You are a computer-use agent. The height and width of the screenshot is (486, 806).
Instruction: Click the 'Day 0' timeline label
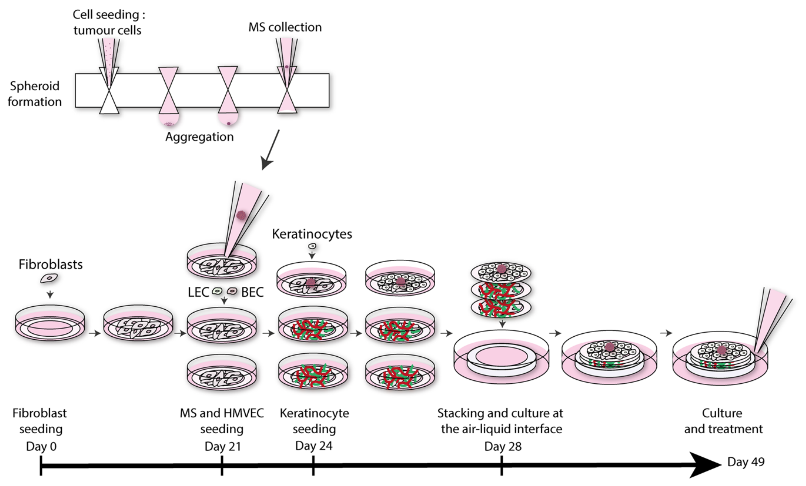pyautogui.click(x=41, y=446)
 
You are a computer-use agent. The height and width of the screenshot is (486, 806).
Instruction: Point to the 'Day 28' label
pyautogui.click(x=503, y=446)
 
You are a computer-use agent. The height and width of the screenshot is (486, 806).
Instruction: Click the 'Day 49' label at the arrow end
pyautogui.click(x=746, y=462)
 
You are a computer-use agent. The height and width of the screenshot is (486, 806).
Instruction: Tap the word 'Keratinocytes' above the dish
pyautogui.click(x=312, y=234)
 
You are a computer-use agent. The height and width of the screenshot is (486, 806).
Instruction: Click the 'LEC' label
pyautogui.click(x=198, y=292)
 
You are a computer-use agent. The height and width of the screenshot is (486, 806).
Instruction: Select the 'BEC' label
pyautogui.click(x=252, y=292)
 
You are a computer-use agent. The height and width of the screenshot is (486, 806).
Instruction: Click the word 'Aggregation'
pyautogui.click(x=199, y=137)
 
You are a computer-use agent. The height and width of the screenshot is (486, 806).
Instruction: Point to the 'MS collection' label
pyautogui.click(x=285, y=27)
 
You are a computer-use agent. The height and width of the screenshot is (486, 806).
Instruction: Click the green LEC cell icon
pyautogui.click(x=217, y=291)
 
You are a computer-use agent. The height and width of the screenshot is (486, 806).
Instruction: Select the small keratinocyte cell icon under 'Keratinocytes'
pyautogui.click(x=312, y=246)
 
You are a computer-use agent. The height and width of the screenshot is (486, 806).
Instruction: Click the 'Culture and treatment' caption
pyautogui.click(x=723, y=421)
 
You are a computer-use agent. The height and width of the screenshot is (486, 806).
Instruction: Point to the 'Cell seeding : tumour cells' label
pyautogui.click(x=108, y=22)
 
